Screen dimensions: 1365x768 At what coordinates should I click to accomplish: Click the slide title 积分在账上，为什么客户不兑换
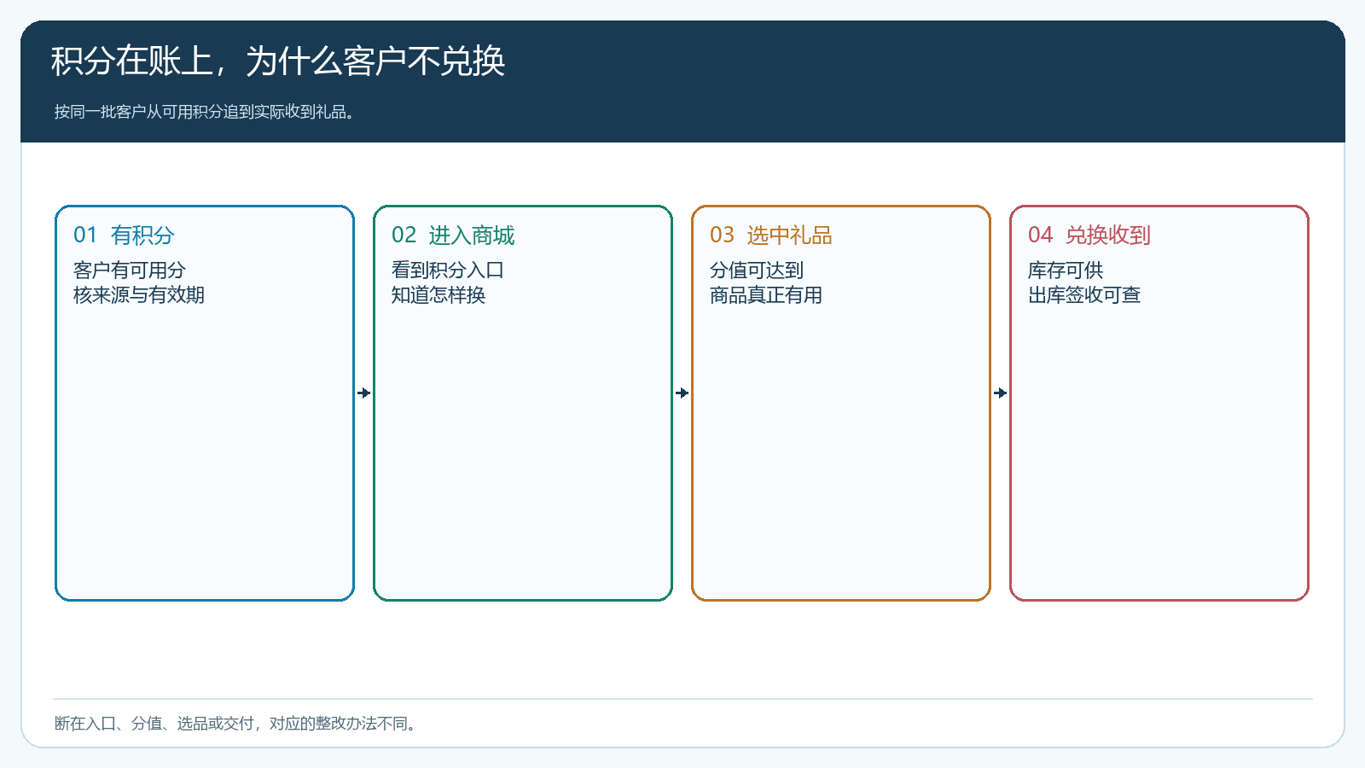pos(278,61)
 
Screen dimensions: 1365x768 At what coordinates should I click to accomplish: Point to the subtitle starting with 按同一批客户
pos(204,112)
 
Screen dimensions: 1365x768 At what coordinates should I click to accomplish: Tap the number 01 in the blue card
pos(85,236)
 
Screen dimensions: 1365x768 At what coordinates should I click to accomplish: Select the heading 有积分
pos(142,236)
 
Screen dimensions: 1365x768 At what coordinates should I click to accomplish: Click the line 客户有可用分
pos(129,270)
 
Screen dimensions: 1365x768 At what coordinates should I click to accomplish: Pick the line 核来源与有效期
pos(138,295)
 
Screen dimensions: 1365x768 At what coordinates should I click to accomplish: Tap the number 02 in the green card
pos(404,236)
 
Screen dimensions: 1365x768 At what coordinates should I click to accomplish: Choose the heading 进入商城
pos(472,236)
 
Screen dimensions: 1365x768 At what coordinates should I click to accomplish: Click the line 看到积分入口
pos(447,270)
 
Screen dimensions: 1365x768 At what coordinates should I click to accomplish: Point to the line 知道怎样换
pos(439,295)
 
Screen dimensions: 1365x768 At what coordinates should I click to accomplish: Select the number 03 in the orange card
pos(722,236)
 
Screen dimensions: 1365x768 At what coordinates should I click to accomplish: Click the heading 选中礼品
pos(790,236)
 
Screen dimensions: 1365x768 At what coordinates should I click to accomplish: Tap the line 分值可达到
pos(757,270)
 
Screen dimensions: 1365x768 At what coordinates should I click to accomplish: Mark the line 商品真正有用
pos(766,295)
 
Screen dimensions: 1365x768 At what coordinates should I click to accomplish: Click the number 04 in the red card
pos(1040,236)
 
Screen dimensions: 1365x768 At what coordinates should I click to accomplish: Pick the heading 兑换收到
pos(1108,236)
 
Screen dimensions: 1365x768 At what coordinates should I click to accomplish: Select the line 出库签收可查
pos(1084,295)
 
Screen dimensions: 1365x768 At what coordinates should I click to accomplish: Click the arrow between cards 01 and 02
pos(363,393)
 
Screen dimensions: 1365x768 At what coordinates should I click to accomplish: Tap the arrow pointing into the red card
pos(1000,393)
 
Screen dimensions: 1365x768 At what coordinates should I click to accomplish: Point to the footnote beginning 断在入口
pos(235,724)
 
